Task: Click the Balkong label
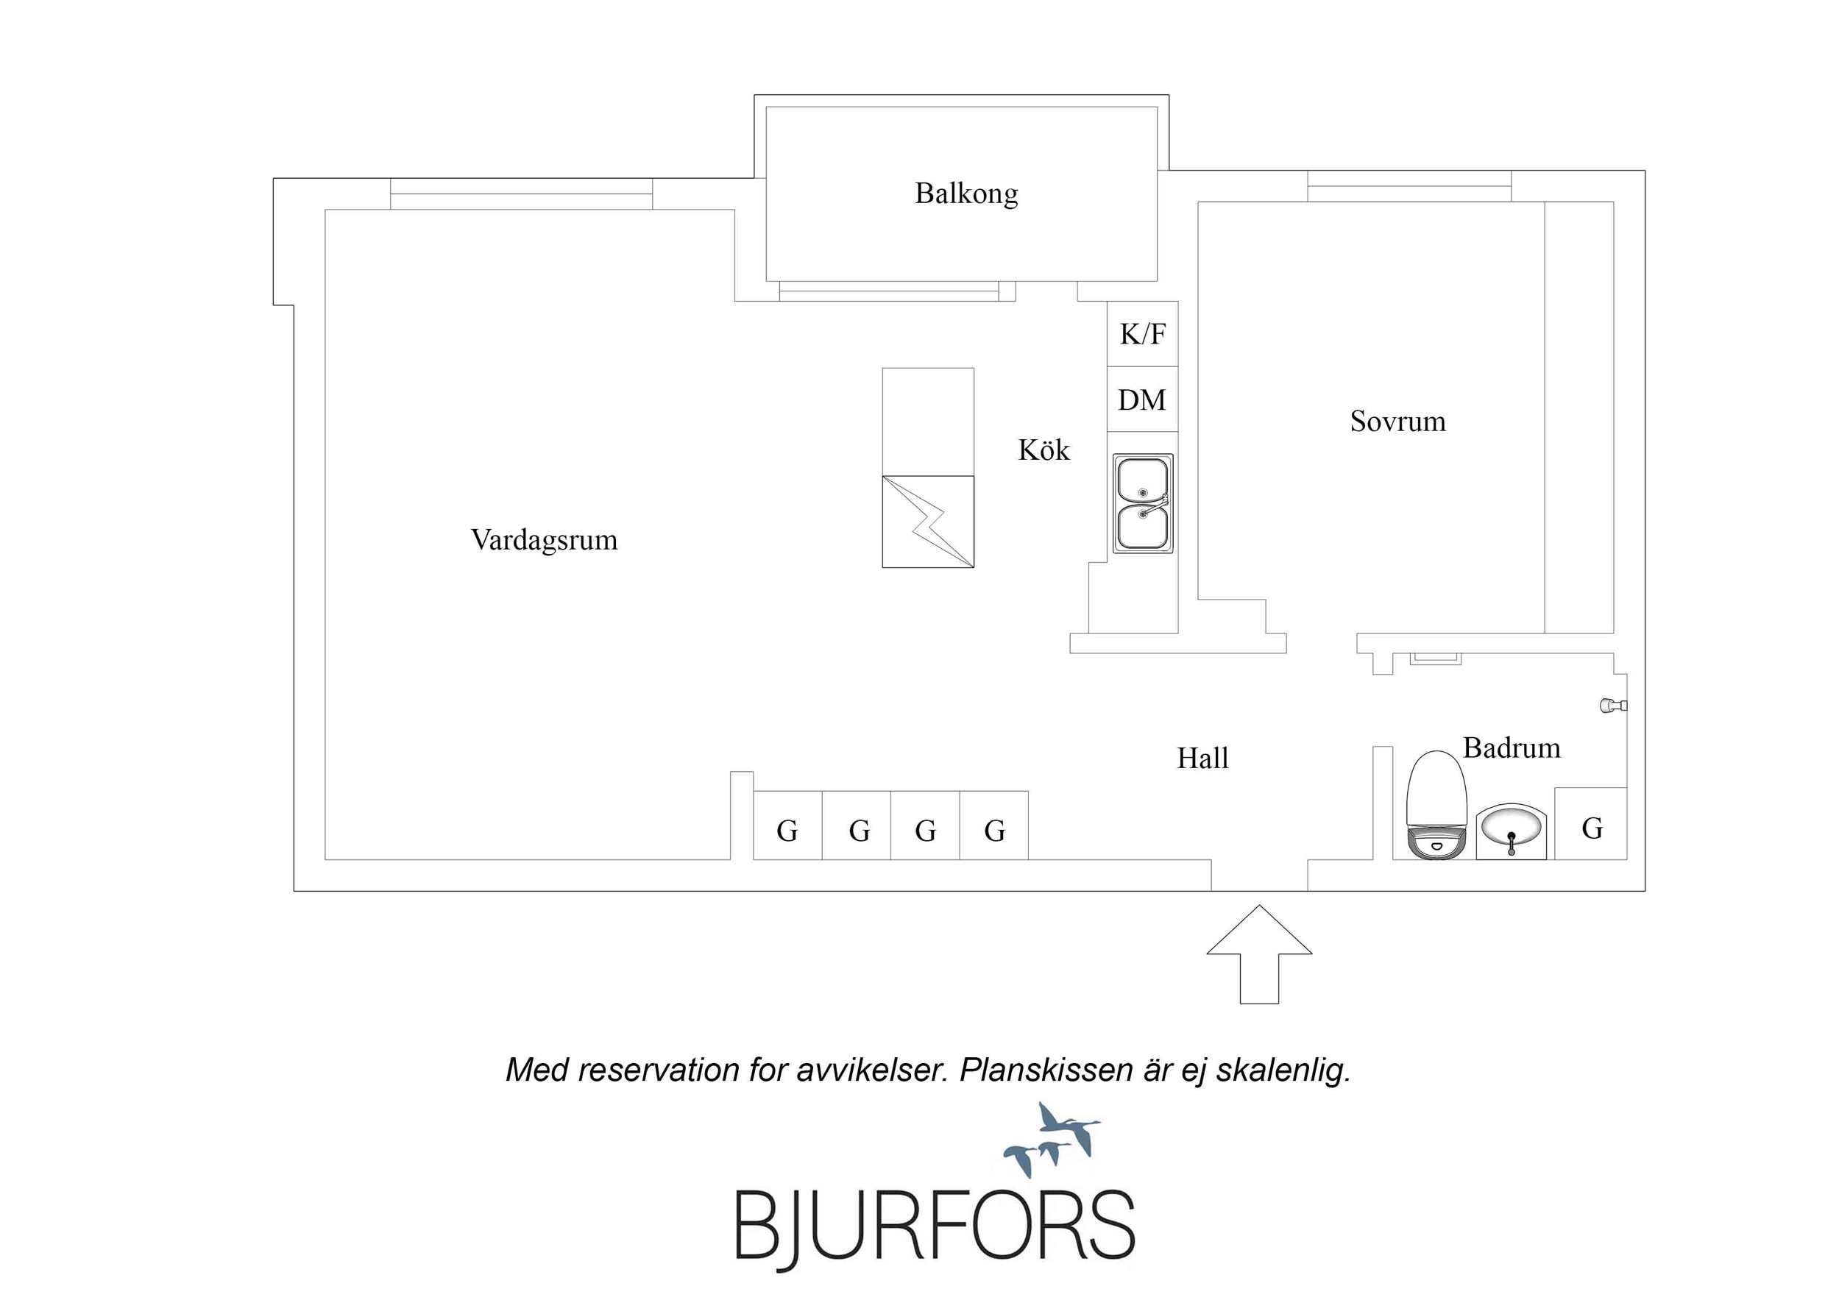966,193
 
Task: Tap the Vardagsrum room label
544,541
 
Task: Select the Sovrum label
1397,422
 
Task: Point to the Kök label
1043,450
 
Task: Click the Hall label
1202,758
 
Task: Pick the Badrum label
1512,748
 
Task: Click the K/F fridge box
1142,334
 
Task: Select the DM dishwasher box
1142,399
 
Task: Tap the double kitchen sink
1143,503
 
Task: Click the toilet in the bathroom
1436,804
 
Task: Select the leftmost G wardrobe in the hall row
788,825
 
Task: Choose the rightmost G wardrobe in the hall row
994,825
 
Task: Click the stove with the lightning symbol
928,522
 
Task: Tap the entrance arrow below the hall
1259,954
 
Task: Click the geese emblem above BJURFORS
1052,1140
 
